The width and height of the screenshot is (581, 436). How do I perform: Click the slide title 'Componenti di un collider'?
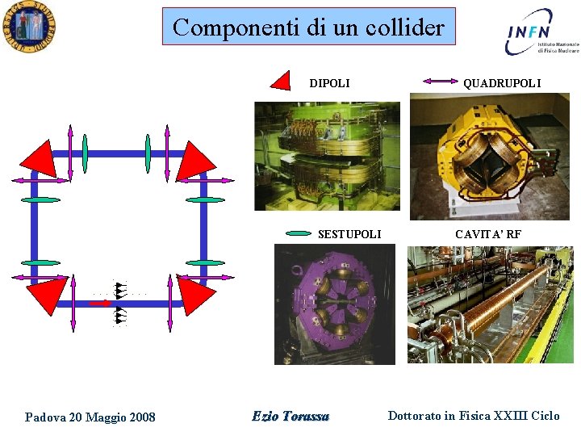tap(308, 27)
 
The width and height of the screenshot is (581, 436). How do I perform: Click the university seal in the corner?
tap(28, 28)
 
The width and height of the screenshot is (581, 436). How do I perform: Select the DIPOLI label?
tap(329, 83)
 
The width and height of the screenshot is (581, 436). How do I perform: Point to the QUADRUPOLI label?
tap(501, 83)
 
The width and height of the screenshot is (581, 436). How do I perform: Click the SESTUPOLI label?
tap(349, 234)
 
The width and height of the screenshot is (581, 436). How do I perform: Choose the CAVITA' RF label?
tap(487, 234)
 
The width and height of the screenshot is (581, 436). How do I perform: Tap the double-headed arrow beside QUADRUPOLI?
tap(440, 82)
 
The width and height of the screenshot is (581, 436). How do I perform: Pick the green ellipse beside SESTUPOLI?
tap(299, 234)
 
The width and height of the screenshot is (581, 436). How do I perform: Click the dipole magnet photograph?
tap(327, 155)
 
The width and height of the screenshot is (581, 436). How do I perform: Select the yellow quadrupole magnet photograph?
tap(490, 157)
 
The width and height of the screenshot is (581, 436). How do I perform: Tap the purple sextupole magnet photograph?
tap(334, 304)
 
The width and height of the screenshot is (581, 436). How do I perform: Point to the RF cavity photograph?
tap(490, 304)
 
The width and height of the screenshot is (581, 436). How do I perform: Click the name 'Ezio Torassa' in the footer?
tap(290, 416)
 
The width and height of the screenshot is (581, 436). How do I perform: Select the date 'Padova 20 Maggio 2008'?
tap(90, 417)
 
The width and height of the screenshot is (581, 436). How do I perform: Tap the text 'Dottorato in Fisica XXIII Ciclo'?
tap(473, 416)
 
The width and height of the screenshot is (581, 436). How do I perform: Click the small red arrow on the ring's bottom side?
tap(100, 304)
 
